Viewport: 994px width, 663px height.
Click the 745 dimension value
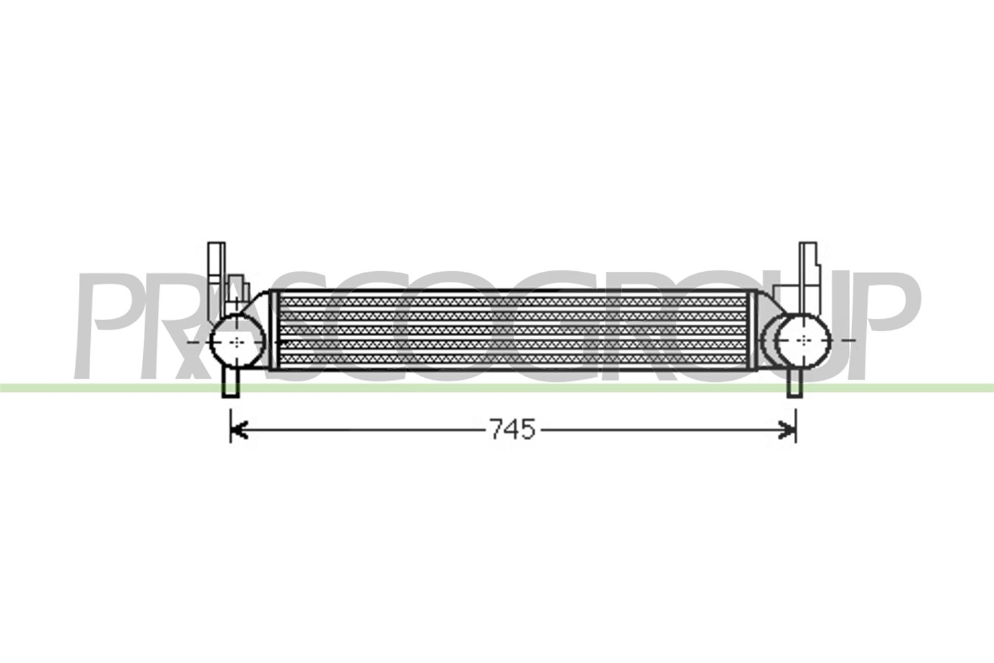tap(513, 430)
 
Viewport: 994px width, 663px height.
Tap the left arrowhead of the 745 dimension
tap(239, 430)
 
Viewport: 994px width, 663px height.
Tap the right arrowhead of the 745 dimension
tap(787, 430)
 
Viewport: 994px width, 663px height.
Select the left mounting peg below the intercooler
tap(231, 383)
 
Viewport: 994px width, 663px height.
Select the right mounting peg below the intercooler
tap(795, 383)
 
